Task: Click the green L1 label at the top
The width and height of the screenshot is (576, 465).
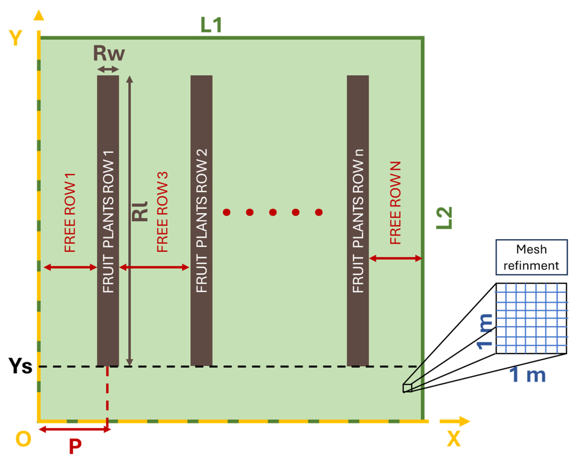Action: point(211,25)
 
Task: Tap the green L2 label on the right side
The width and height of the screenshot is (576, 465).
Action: point(444,218)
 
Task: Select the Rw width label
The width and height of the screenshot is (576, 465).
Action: point(109,53)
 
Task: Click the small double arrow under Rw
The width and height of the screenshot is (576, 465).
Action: point(108,69)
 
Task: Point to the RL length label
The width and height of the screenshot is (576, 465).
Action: point(140,212)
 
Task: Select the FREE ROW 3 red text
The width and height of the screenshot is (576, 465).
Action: point(162,212)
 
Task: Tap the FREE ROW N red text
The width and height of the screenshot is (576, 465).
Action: point(395,203)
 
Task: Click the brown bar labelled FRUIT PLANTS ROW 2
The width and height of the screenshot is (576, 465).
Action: point(201,220)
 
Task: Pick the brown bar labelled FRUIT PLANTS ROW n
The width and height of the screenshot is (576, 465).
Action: point(358,220)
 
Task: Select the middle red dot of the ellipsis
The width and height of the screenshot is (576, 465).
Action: point(273,212)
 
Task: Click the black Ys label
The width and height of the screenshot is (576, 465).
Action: point(20,366)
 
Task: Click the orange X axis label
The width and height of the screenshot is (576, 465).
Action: point(453,439)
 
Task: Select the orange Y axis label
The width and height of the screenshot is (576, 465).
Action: point(15,38)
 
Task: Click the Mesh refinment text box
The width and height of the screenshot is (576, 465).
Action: point(531,257)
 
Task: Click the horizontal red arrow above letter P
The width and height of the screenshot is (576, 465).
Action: point(75,430)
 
